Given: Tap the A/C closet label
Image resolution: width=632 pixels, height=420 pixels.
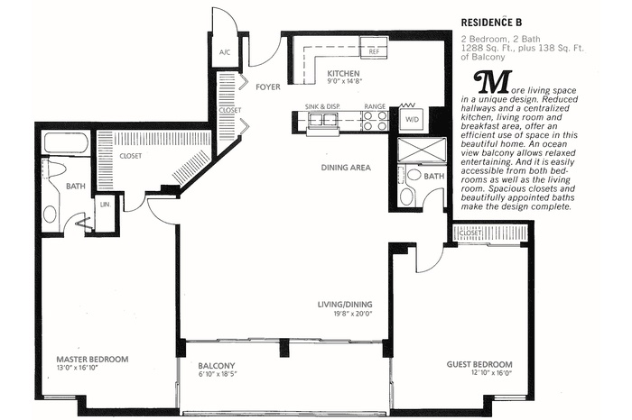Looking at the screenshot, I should pyautogui.click(x=225, y=52).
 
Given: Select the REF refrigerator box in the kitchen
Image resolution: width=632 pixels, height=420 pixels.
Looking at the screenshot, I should pyautogui.click(x=372, y=51).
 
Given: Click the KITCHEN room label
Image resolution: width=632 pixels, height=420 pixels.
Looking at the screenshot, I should pyautogui.click(x=343, y=74).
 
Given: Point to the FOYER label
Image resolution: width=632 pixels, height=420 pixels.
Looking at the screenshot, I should pyautogui.click(x=268, y=88).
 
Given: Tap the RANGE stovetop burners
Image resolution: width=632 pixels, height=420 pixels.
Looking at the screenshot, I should pyautogui.click(x=376, y=120).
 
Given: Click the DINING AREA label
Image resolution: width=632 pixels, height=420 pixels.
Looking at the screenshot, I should pyautogui.click(x=347, y=168).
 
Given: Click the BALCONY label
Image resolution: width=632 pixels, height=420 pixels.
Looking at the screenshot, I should pyautogui.click(x=216, y=366).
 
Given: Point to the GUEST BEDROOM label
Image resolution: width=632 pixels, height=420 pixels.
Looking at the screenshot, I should pyautogui.click(x=479, y=365).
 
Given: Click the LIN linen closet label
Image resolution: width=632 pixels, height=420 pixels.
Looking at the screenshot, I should pyautogui.click(x=105, y=205).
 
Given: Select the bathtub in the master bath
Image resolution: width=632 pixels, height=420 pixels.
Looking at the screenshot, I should pyautogui.click(x=66, y=143).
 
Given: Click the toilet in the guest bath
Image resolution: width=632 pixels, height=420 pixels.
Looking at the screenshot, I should pyautogui.click(x=407, y=196).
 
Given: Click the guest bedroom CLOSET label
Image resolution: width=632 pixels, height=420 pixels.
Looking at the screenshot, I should pyautogui.click(x=470, y=233).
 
